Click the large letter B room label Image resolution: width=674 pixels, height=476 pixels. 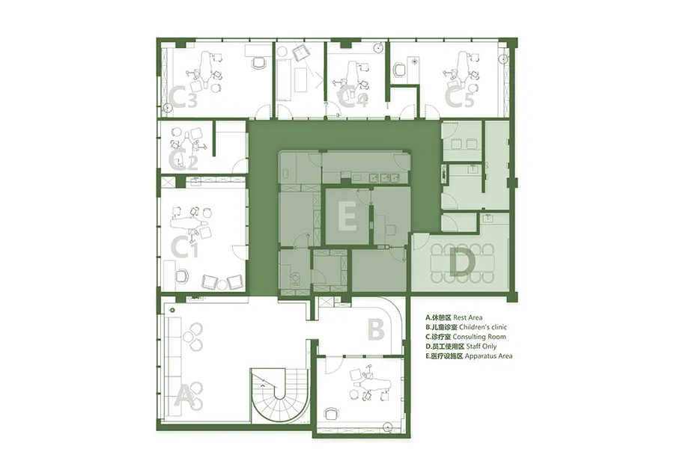[x=376, y=330]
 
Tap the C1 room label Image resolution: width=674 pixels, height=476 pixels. [x=184, y=247]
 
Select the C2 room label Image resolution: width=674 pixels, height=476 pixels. [x=183, y=160]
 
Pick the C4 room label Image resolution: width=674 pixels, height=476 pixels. [x=353, y=97]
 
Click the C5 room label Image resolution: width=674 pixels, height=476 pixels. [x=459, y=97]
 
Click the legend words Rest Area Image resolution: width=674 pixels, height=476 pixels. [x=467, y=318]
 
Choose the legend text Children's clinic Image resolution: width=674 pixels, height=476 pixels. [x=483, y=327]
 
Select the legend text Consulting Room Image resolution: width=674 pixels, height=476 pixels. [x=479, y=337]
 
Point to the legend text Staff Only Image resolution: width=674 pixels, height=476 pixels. [x=476, y=347]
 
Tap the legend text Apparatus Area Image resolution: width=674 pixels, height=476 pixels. [x=488, y=356]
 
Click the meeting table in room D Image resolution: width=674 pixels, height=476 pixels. [x=463, y=263]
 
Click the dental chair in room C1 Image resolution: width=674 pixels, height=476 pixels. [x=190, y=224]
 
